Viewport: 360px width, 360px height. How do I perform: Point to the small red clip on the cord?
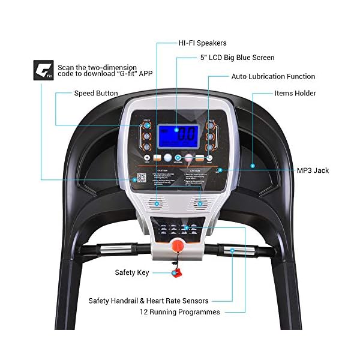176,274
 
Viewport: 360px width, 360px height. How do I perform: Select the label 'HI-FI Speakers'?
194,43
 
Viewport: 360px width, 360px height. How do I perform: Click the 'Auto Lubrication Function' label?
273,77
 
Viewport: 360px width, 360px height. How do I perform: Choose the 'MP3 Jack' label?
313,170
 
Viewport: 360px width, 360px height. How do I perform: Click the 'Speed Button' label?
95,94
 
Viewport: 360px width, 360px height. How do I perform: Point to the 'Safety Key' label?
131,272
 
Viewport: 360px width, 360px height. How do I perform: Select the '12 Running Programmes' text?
180,312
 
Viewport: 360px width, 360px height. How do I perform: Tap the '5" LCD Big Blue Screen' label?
229,58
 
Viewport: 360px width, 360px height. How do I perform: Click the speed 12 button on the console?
146,146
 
